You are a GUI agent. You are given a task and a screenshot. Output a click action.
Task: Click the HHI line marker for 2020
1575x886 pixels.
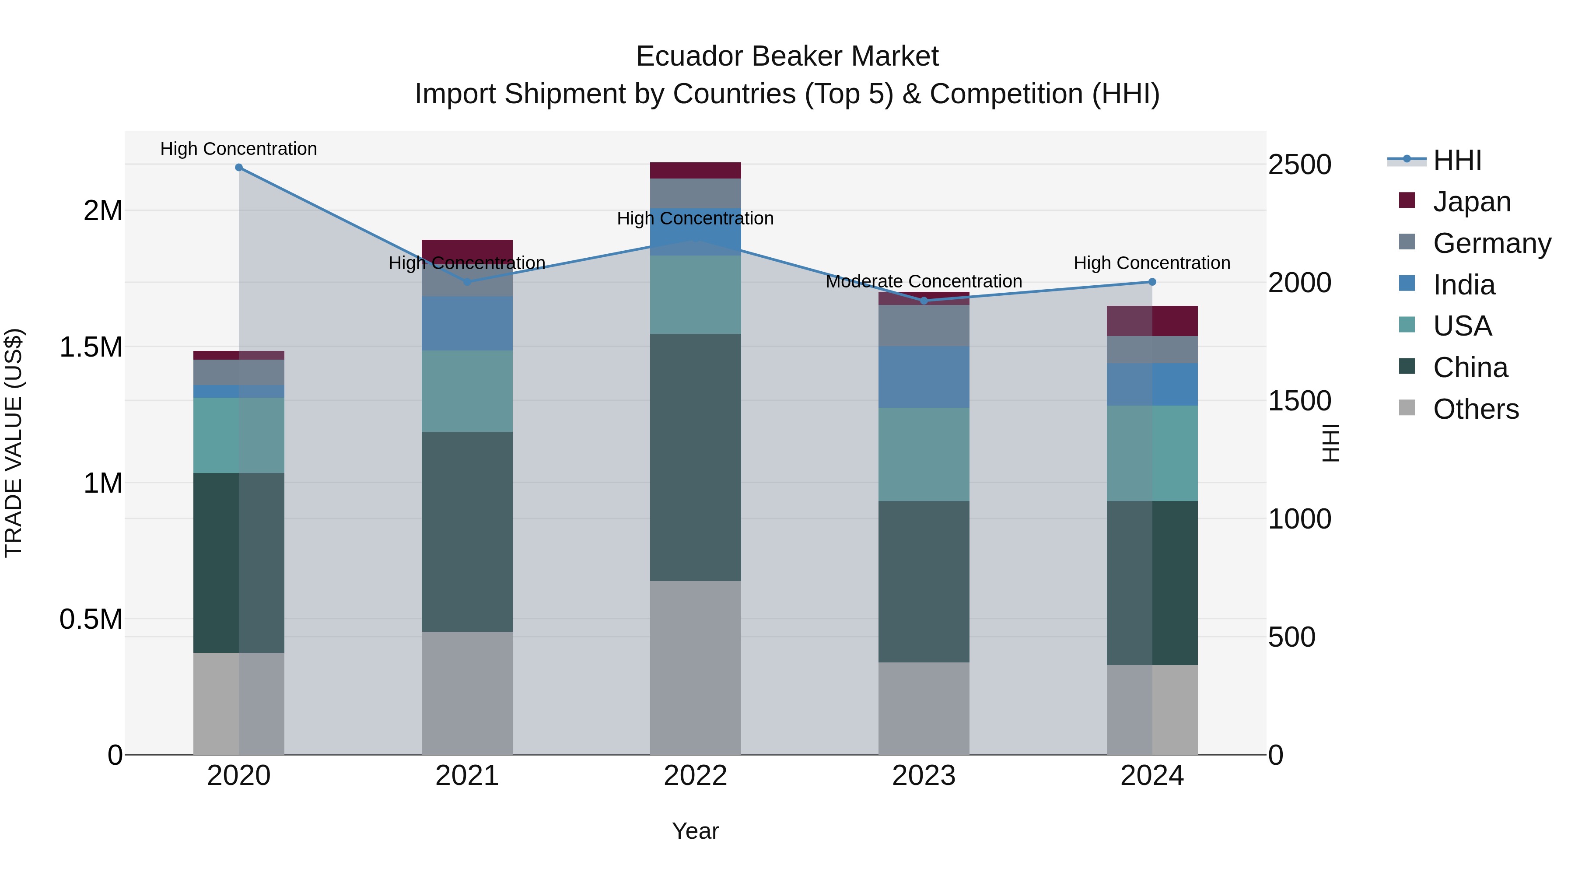coord(239,168)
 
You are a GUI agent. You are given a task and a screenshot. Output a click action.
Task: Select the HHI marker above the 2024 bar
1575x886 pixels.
coord(1152,282)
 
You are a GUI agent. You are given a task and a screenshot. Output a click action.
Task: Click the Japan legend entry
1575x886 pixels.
coord(1471,202)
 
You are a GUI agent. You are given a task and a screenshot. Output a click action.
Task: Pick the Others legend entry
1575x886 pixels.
coord(1475,409)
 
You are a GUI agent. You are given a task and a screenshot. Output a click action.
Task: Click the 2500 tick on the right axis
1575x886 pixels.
coord(1299,165)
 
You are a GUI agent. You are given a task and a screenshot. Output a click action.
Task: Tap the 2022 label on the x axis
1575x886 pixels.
coord(695,776)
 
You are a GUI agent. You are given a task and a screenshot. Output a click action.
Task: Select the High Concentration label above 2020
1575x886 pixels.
coord(238,149)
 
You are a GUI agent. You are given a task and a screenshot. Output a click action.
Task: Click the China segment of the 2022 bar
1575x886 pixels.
coord(695,457)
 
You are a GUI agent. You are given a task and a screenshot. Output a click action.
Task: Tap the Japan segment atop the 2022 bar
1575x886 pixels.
coord(695,171)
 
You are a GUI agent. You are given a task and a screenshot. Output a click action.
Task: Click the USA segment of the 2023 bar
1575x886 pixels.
coord(924,454)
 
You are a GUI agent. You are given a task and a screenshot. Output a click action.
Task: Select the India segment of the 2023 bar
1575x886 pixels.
coord(924,377)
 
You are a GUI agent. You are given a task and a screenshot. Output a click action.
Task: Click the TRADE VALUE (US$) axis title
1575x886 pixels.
coord(14,443)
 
